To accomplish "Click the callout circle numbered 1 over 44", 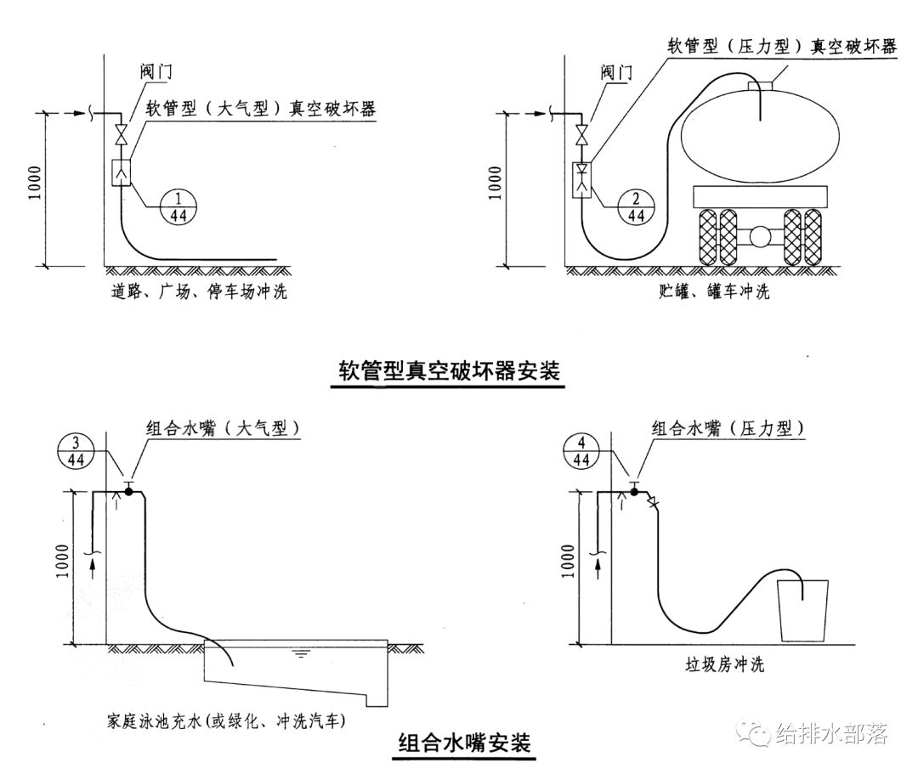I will pos(179,205).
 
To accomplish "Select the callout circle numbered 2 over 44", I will pos(636,205).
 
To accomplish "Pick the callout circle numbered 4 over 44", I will pos(582,451).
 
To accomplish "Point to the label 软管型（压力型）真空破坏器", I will pos(782,46).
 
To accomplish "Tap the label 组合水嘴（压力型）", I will pos(728,428).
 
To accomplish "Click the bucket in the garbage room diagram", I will pos(803,610).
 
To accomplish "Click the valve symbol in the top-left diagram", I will pos(122,134).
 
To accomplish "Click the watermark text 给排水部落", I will pos(831,734).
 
